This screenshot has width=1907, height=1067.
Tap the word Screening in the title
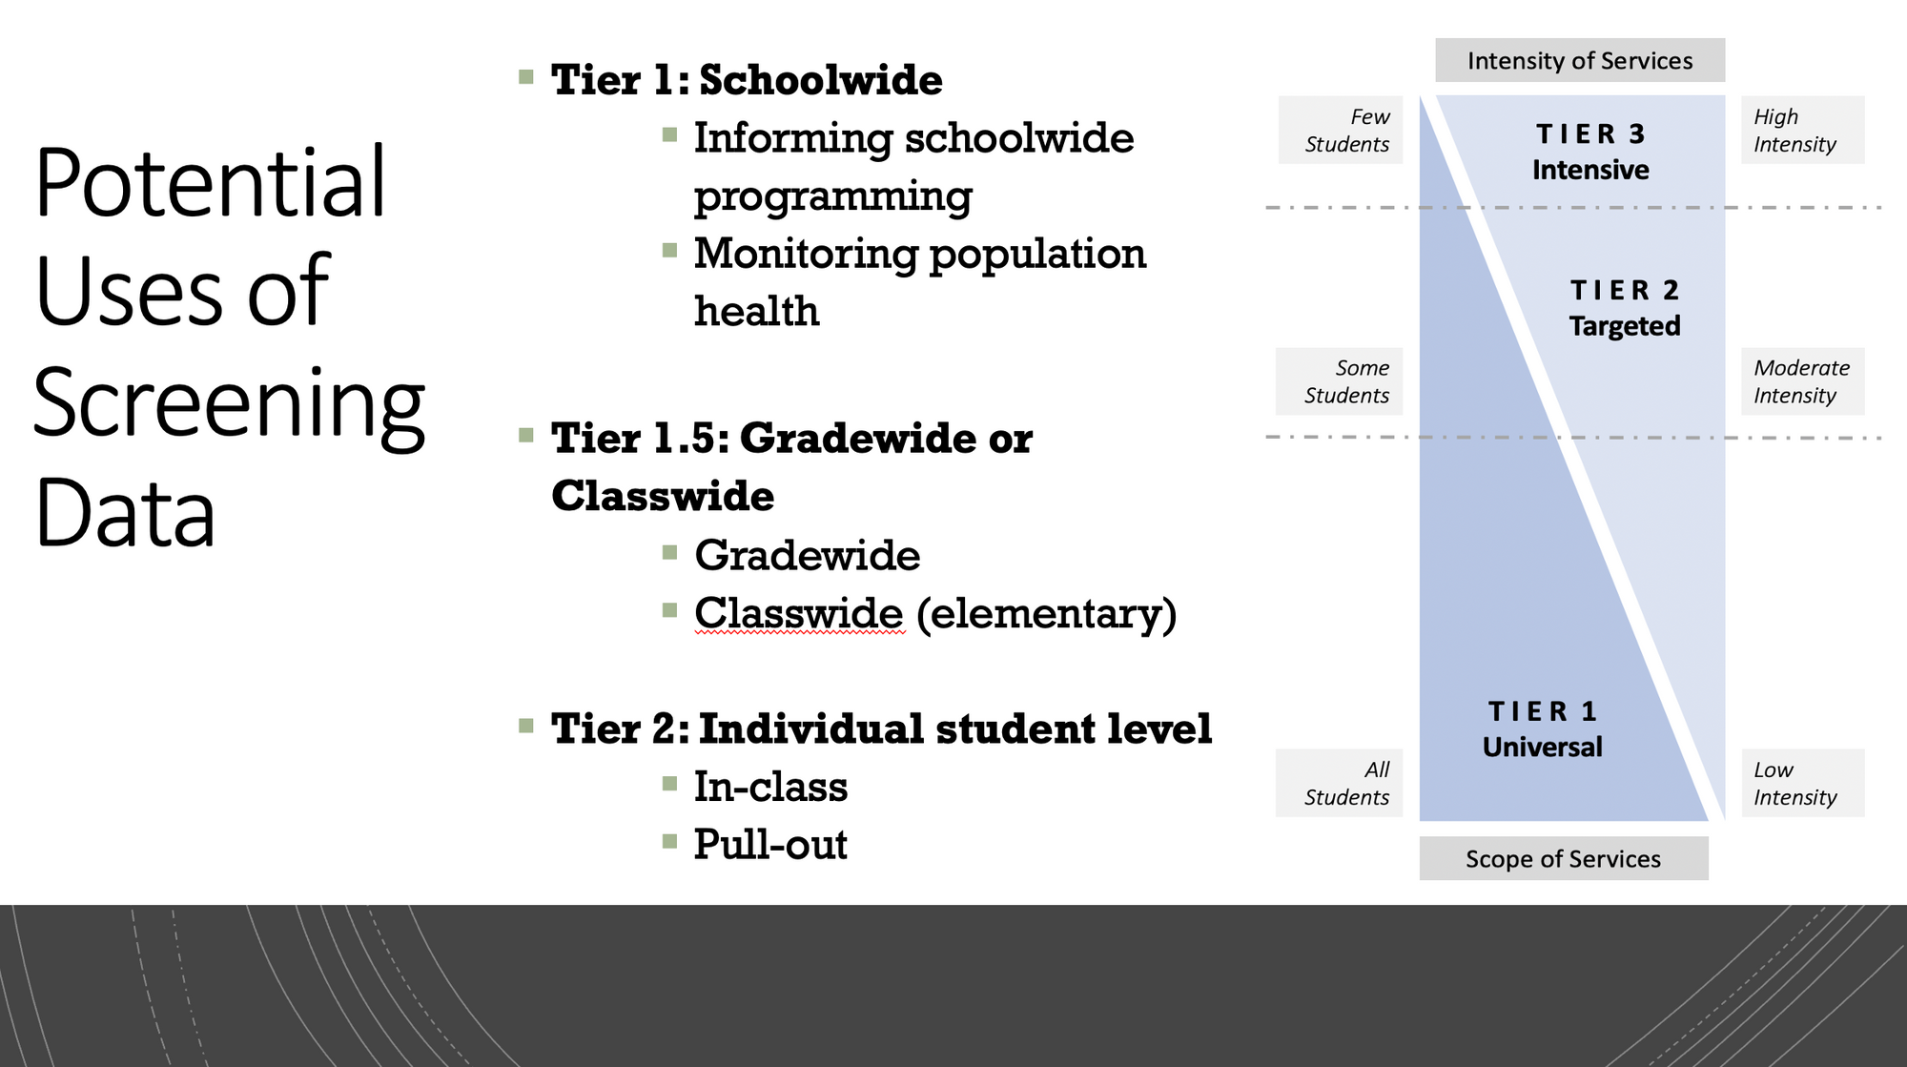229,404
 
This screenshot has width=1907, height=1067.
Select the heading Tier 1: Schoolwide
747,79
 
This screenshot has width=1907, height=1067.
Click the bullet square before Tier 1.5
526,436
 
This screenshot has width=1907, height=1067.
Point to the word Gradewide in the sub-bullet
808,555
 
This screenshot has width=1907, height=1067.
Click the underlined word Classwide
799,612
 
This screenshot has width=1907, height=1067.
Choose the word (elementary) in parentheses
1047,614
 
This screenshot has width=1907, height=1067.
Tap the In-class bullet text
770,787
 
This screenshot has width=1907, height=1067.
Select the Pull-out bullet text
770,845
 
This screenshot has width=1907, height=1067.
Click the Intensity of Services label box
1580,60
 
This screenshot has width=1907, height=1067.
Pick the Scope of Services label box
1564,858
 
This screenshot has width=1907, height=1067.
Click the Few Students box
1341,130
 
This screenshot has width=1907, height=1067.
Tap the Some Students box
1340,381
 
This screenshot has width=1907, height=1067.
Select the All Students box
1340,783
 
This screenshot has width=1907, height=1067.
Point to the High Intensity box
1803,130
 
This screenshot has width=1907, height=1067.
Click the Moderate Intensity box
1803,381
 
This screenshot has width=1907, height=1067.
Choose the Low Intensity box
1803,783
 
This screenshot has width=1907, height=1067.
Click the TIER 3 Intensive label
1590,152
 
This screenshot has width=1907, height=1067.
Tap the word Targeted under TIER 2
1625,326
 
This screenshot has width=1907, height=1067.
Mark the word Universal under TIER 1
1543,747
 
